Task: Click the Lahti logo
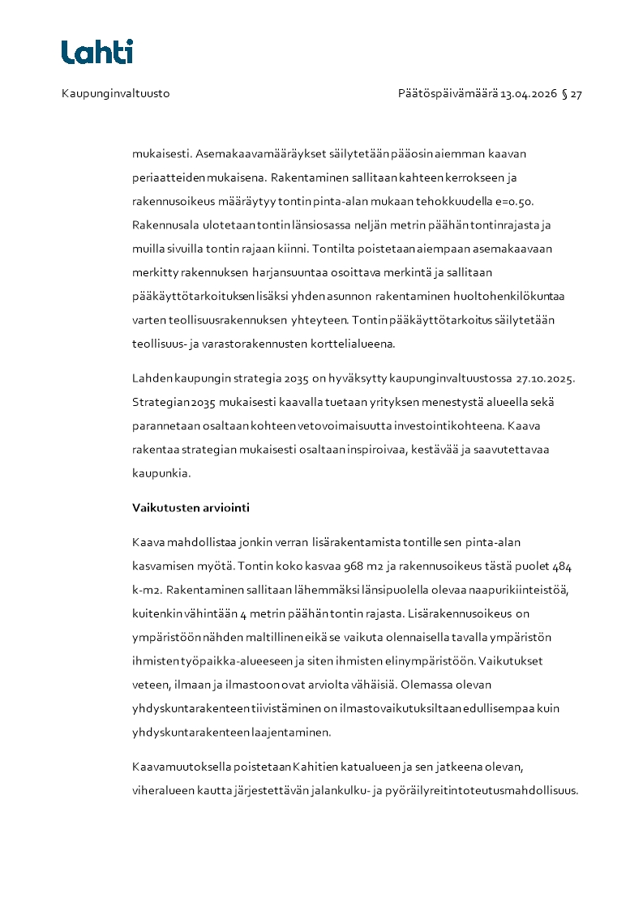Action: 97,52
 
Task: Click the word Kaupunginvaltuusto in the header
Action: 115,94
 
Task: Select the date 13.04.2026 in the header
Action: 529,94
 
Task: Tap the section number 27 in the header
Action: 577,94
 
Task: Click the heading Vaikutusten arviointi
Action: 191,508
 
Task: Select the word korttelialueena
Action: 354,344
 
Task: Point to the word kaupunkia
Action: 161,473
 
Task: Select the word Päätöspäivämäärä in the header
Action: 448,94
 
